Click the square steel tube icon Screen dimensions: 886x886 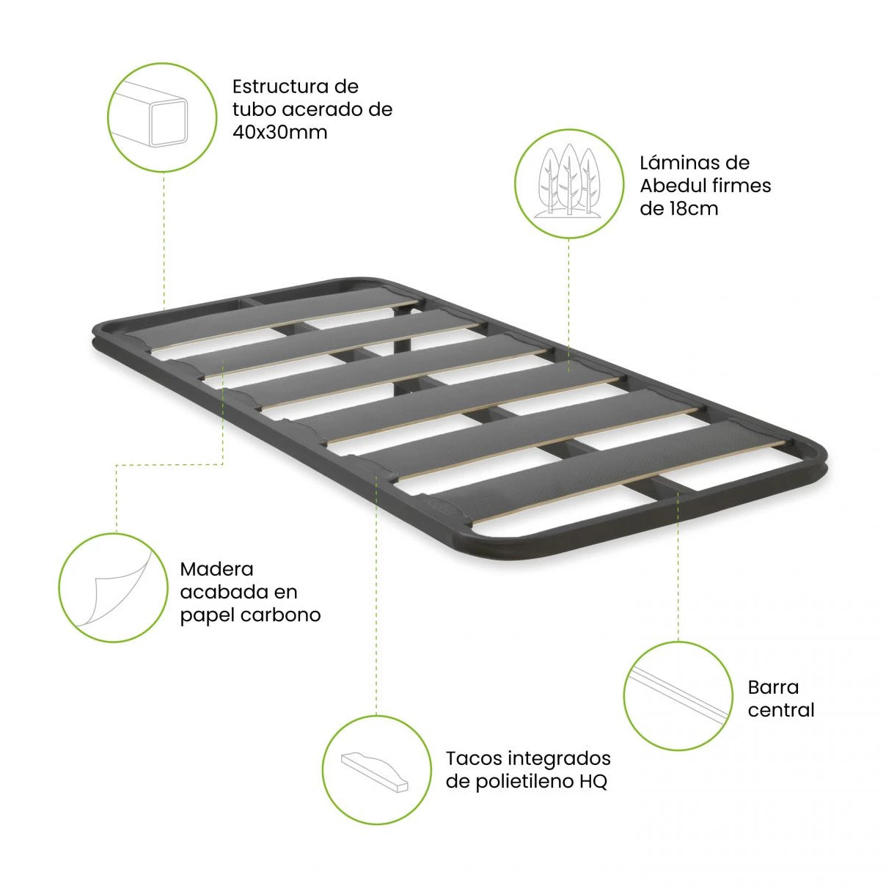click(x=150, y=115)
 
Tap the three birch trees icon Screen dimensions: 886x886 click(x=569, y=181)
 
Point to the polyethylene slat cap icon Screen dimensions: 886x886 click(x=376, y=772)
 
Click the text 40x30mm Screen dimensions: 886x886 click(x=279, y=133)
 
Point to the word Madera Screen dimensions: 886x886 click(x=216, y=569)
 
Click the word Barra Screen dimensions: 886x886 click(x=773, y=687)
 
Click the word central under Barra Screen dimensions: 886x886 click(x=780, y=711)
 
